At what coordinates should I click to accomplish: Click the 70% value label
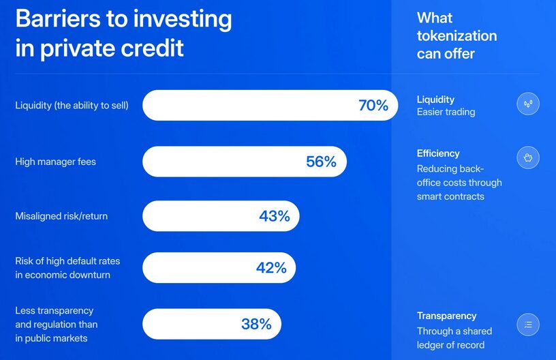373,105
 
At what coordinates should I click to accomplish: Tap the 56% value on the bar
321,162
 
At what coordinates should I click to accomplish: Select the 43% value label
275,216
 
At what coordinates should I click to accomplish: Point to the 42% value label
271,268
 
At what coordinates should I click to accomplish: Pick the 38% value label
256,324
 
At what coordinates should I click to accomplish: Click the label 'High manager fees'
56,162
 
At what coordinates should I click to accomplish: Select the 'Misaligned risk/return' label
61,216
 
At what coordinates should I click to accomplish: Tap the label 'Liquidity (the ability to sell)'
72,105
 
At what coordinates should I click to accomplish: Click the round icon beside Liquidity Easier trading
528,104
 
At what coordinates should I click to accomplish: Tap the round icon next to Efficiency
528,157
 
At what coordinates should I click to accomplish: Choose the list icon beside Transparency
528,325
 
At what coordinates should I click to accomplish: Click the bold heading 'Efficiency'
438,153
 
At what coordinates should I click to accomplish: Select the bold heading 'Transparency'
447,316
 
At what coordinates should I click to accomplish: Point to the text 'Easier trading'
446,112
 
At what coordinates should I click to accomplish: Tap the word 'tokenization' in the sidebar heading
457,36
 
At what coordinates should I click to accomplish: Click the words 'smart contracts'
450,196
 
